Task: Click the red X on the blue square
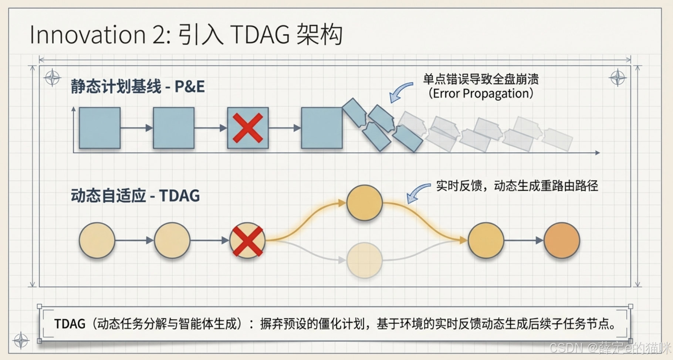(x=248, y=128)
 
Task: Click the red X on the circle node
(x=247, y=241)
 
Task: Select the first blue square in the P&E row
(x=100, y=128)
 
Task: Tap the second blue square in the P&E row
(x=174, y=128)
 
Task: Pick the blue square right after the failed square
(x=322, y=128)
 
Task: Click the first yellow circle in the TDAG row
(x=97, y=240)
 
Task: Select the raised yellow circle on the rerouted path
(x=364, y=203)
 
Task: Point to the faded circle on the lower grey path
(x=364, y=260)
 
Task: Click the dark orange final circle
(x=562, y=240)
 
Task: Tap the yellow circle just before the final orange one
(x=486, y=240)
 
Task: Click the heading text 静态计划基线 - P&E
(x=138, y=87)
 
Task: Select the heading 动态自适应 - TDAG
(x=135, y=196)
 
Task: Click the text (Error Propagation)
(x=481, y=94)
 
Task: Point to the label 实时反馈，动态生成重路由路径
(x=517, y=186)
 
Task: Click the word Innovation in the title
(x=87, y=35)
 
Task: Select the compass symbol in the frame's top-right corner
(x=617, y=78)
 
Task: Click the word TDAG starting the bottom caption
(x=70, y=324)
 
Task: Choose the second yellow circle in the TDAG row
(x=172, y=240)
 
